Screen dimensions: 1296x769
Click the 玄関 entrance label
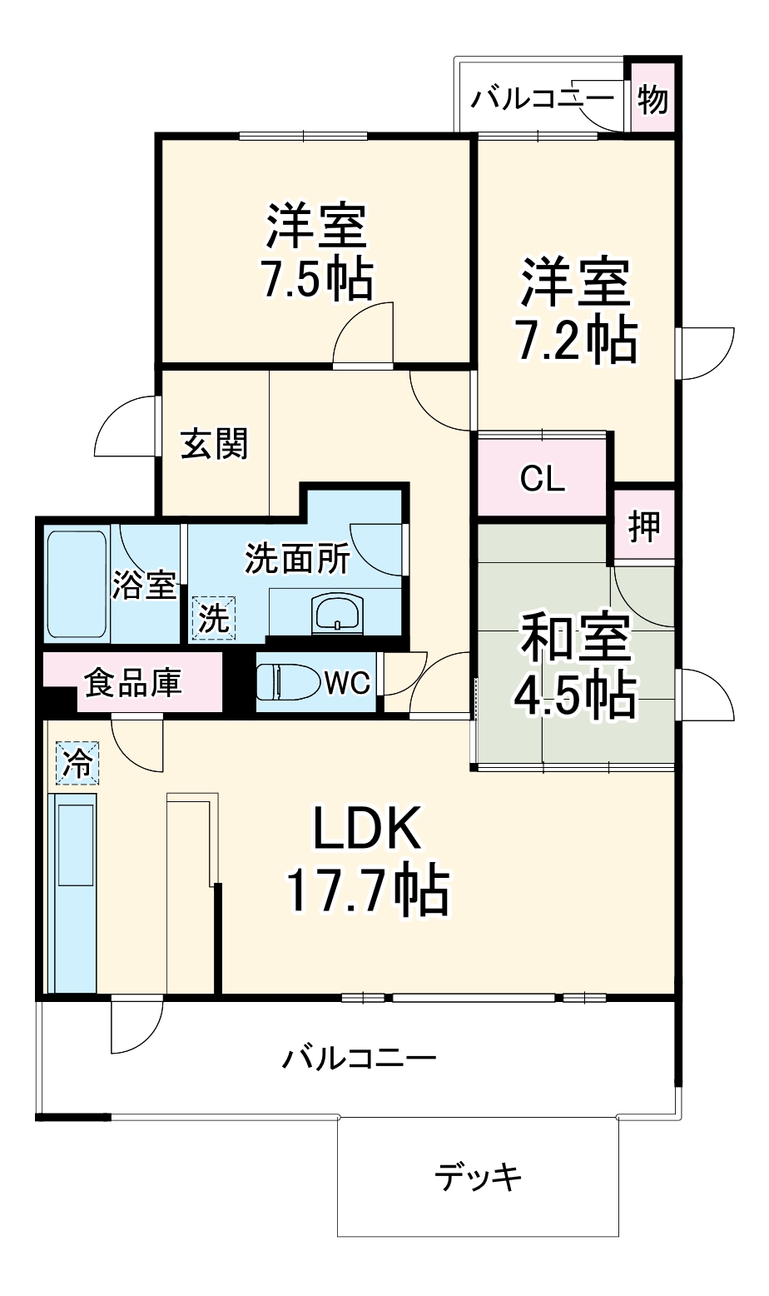click(x=215, y=444)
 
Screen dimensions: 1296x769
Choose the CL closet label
click(x=542, y=479)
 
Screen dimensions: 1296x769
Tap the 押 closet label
click(x=644, y=526)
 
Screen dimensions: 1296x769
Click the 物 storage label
click(x=653, y=101)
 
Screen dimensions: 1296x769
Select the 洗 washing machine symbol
click(x=213, y=618)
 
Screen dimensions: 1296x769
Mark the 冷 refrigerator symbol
click(x=77, y=763)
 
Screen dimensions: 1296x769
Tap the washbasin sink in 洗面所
click(x=337, y=615)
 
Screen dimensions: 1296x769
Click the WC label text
click(x=347, y=684)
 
